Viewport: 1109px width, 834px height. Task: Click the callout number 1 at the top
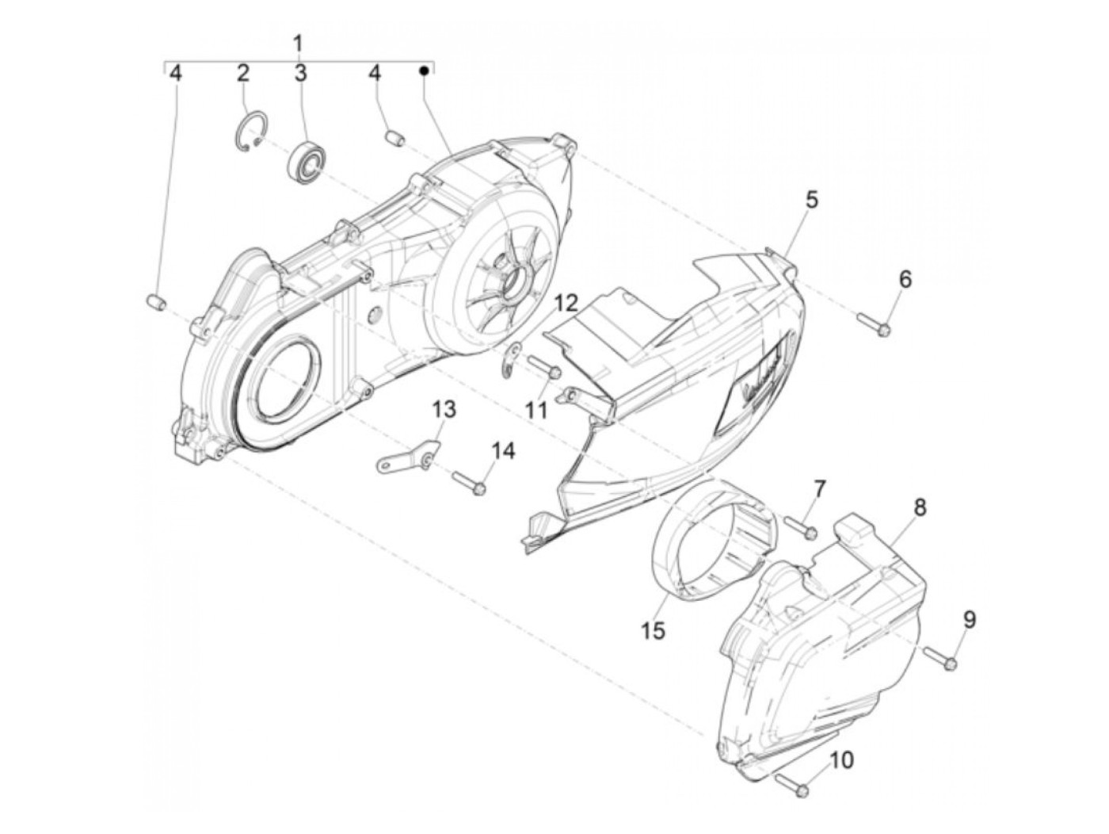click(x=299, y=42)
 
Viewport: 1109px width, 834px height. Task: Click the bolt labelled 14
click(x=468, y=483)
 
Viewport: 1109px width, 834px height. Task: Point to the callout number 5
click(x=812, y=200)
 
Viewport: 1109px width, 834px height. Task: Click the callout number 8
click(x=920, y=507)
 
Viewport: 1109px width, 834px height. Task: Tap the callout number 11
click(x=536, y=410)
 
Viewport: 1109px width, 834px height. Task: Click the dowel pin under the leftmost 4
click(x=155, y=301)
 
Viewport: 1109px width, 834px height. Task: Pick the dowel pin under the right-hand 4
click(x=394, y=140)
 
